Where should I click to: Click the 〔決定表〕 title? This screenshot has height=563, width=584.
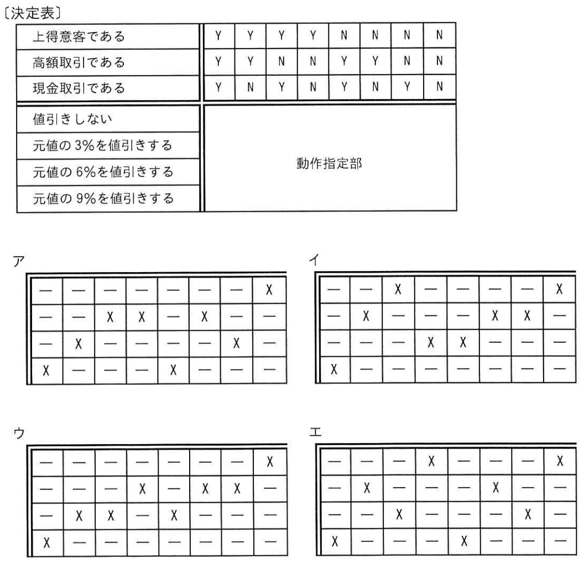pyautogui.click(x=32, y=13)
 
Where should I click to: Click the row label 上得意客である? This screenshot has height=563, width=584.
pyautogui.click(x=79, y=37)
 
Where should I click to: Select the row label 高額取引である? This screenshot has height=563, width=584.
pyautogui.click(x=79, y=62)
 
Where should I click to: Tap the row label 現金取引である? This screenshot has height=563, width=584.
pyautogui.click(x=79, y=88)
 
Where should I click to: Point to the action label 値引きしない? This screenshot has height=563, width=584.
pyautogui.click(x=72, y=119)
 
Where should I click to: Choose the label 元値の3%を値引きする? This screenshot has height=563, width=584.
pyautogui.click(x=102, y=145)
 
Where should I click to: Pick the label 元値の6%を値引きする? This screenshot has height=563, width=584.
pyautogui.click(x=103, y=171)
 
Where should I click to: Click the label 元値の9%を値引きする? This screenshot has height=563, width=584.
pyautogui.click(x=103, y=199)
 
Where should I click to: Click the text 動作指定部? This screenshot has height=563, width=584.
pyautogui.click(x=329, y=164)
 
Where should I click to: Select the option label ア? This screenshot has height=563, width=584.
pyautogui.click(x=19, y=261)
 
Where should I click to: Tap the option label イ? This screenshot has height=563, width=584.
pyautogui.click(x=314, y=259)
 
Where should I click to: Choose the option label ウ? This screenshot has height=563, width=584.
pyautogui.click(x=19, y=433)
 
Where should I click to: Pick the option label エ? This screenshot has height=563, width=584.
pyautogui.click(x=315, y=432)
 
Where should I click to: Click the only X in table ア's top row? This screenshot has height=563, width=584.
pyautogui.click(x=269, y=289)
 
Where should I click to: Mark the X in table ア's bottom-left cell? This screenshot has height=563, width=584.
pyautogui.click(x=46, y=370)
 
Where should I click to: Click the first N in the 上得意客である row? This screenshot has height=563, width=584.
pyautogui.click(x=344, y=35)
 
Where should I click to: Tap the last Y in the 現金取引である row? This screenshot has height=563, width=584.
pyautogui.click(x=407, y=87)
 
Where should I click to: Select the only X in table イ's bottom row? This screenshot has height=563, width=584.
pyautogui.click(x=334, y=369)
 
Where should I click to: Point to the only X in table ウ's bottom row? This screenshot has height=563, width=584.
pyautogui.click(x=46, y=543)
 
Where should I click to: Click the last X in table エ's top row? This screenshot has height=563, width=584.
pyautogui.click(x=560, y=461)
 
